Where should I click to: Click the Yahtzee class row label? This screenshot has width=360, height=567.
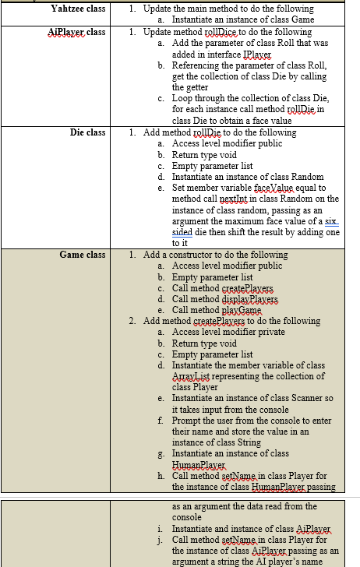tap(78, 8)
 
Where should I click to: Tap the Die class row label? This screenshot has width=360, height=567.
tap(87, 132)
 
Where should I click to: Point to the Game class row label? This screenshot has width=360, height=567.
tap(82, 255)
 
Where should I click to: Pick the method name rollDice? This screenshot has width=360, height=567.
tap(229, 32)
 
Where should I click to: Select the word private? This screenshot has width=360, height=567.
tap(265, 332)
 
